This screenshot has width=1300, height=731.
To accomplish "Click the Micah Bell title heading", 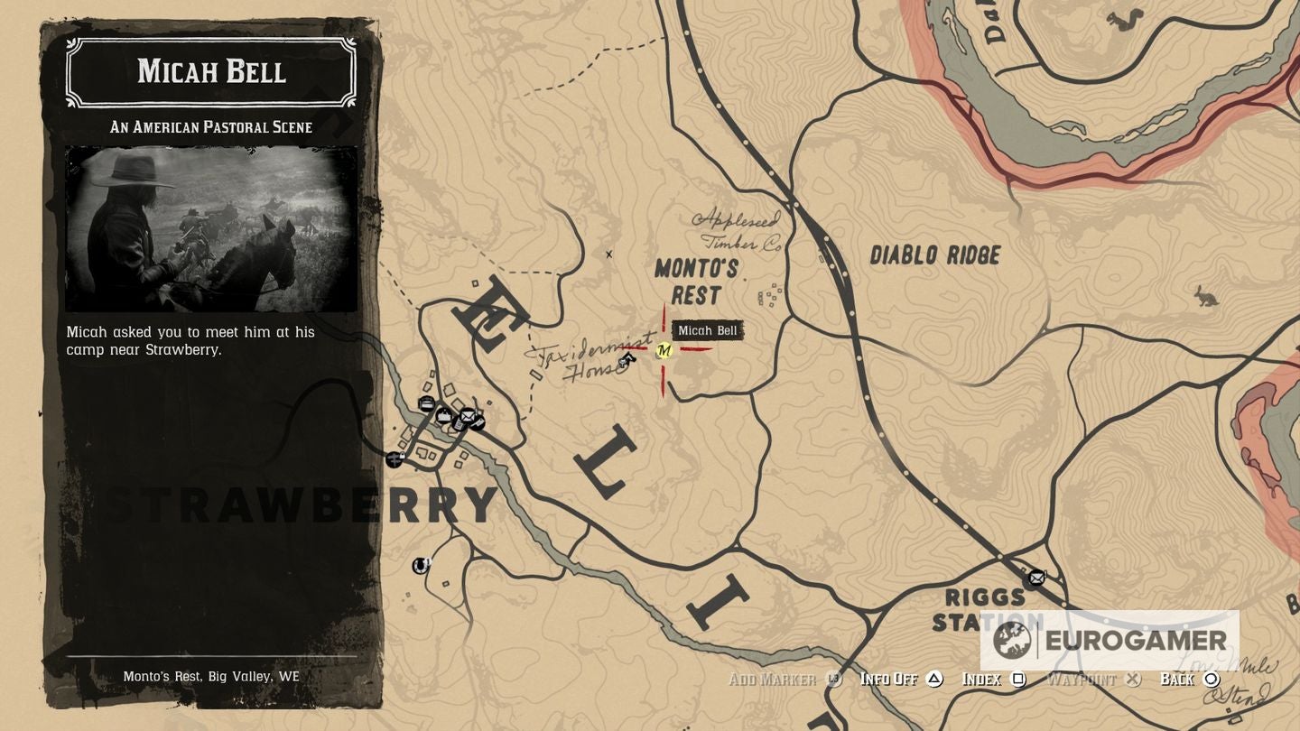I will click(211, 71).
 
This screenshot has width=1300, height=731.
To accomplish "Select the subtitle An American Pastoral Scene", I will click(211, 127).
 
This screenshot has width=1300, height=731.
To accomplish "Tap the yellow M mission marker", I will click(664, 350).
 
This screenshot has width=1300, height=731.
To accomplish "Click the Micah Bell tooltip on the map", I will click(707, 330).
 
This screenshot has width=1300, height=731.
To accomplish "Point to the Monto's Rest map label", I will click(696, 282).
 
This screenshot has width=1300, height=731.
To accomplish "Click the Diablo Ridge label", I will click(934, 255).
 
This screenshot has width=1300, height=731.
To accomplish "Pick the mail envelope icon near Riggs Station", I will click(1036, 577).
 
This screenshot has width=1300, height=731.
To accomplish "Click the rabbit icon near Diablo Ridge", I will click(1205, 295).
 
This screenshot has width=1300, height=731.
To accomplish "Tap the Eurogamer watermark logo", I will click(1110, 641).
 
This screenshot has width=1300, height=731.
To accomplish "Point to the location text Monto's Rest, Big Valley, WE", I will click(211, 676).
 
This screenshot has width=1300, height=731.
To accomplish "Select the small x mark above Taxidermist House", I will click(608, 254).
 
